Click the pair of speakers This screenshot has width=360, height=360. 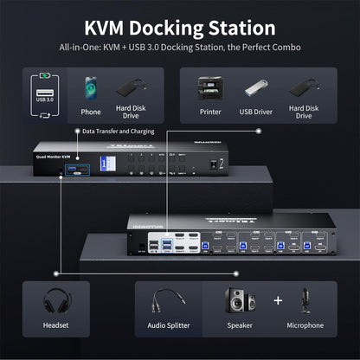241,302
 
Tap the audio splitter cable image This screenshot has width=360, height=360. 168,304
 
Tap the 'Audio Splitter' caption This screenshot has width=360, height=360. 170,326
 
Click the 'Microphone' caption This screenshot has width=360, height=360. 305,326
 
